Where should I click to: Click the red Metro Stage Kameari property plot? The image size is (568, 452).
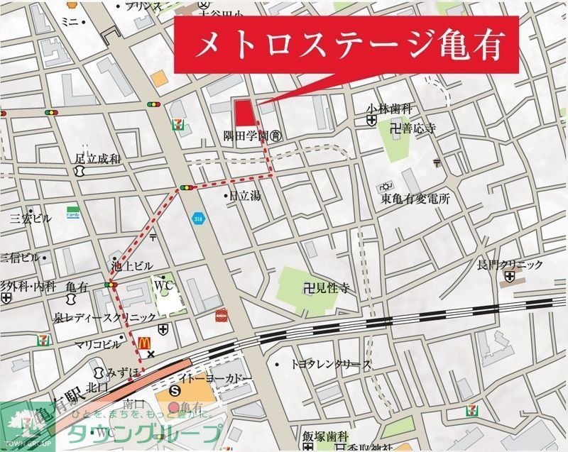244,114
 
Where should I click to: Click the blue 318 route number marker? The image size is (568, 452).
197,219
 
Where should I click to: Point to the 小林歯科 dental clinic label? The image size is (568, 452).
389,109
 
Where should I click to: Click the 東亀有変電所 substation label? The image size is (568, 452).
415,199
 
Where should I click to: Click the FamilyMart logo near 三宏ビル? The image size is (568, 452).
72,213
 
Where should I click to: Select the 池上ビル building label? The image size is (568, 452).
131,266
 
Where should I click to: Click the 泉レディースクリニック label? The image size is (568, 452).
105,317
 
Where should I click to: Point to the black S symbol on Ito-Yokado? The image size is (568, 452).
176,391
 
